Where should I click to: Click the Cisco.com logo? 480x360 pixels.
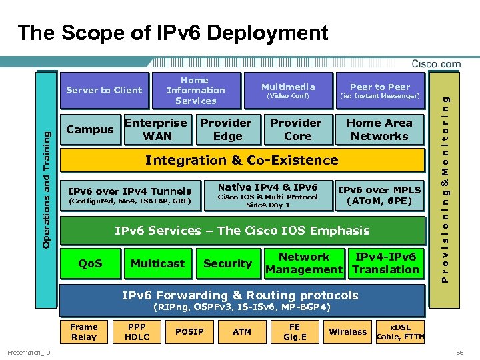click(x=436, y=64)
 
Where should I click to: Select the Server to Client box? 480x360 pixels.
click(x=104, y=91)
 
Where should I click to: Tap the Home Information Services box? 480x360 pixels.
click(x=195, y=91)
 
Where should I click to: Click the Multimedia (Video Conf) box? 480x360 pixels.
click(x=288, y=91)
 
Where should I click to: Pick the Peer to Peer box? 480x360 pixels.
click(x=380, y=91)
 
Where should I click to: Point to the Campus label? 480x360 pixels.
click(x=90, y=129)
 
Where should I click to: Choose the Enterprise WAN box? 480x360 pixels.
click(x=157, y=129)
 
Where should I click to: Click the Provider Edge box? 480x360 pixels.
click(x=227, y=129)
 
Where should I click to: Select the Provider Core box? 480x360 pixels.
click(x=297, y=129)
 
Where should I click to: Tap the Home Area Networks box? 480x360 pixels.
click(x=379, y=129)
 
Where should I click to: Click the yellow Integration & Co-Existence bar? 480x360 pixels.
click(x=242, y=160)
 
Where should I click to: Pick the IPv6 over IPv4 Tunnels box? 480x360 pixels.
click(x=129, y=195)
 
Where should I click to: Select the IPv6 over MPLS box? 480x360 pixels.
click(x=379, y=195)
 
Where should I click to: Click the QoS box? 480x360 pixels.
click(x=90, y=263)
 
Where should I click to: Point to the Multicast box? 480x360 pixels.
click(x=157, y=263)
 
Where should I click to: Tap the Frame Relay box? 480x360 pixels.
click(x=84, y=332)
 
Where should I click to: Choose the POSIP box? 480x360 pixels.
click(x=189, y=332)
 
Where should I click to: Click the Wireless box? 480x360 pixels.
click(x=347, y=332)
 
